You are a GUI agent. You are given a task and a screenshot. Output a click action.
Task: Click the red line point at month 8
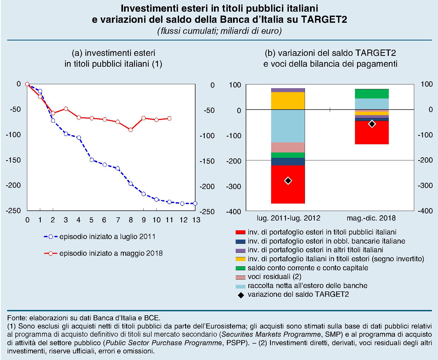[130, 130]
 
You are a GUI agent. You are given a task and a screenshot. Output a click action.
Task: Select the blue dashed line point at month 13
[195, 203]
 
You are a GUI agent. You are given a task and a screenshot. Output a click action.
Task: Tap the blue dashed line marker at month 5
[92, 160]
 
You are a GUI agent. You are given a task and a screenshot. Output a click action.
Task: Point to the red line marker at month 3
[66, 109]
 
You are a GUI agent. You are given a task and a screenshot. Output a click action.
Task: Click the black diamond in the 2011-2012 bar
[288, 181]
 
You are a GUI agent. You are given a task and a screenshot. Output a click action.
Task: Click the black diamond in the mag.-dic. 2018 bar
[372, 124]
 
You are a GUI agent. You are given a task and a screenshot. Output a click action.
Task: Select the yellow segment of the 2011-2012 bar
[288, 101]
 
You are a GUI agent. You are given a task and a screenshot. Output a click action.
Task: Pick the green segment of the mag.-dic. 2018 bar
[372, 94]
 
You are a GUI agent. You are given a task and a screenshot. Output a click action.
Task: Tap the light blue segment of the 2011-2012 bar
[288, 126]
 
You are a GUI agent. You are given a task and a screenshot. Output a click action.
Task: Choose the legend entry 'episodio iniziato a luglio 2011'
[107, 237]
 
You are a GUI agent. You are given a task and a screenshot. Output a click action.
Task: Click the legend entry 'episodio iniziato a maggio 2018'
[111, 253]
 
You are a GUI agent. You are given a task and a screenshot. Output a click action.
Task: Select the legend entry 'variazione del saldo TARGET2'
[298, 294]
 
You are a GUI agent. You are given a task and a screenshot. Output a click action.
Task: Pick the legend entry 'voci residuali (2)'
[274, 277]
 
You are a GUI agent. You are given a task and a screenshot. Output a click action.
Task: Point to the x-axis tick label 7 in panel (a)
[118, 220]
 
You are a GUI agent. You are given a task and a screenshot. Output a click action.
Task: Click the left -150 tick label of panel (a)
[13, 160]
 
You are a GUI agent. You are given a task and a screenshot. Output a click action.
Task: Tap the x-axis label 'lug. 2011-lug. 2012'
[288, 218]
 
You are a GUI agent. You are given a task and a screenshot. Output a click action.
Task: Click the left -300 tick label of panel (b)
[234, 186]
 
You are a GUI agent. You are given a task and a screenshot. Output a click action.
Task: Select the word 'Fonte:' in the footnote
[17, 318]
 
